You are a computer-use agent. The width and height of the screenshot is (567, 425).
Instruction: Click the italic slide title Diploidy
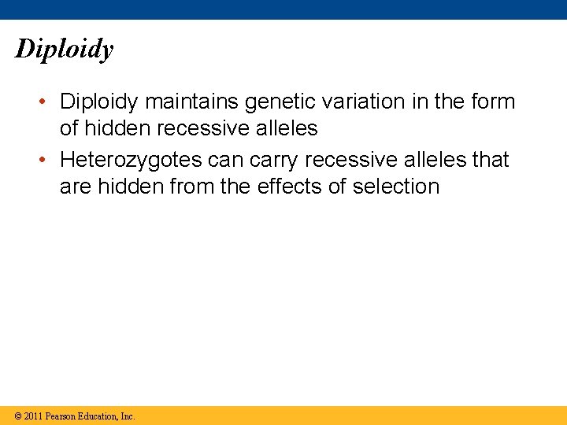(x=65, y=50)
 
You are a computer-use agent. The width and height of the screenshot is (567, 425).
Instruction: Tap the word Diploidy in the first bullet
(x=99, y=102)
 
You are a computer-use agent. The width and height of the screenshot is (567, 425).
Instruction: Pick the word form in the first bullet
(x=491, y=102)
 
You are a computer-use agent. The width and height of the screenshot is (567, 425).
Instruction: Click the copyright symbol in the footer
(x=17, y=416)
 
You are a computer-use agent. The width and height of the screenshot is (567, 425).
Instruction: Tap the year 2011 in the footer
(x=33, y=416)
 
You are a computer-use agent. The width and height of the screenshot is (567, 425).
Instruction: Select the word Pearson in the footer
(x=61, y=416)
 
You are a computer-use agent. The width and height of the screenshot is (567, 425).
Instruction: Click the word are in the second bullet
(x=76, y=187)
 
